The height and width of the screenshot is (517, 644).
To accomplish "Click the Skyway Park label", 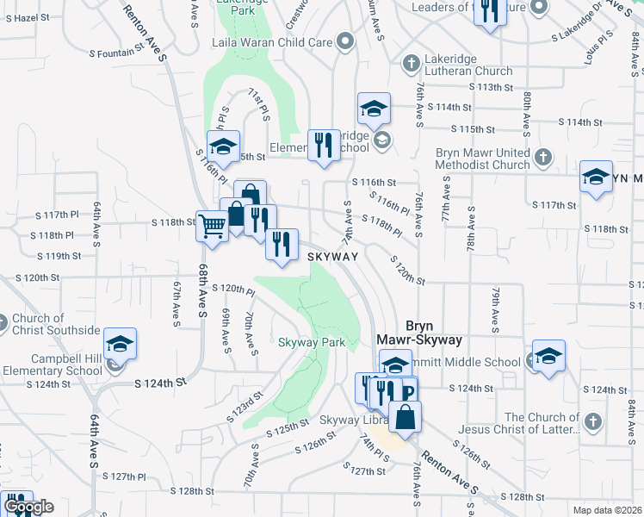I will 311,342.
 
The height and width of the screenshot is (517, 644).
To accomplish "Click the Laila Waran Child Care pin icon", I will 345,41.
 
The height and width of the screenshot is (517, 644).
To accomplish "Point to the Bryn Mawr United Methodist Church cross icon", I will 542,158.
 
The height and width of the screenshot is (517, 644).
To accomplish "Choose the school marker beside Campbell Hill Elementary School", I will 121,345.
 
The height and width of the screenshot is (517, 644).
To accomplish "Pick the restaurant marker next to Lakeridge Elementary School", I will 323,145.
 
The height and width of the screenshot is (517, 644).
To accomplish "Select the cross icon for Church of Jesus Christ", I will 591,421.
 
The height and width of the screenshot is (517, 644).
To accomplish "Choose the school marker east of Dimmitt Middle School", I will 548,357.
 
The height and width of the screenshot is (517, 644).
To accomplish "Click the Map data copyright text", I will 607,510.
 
